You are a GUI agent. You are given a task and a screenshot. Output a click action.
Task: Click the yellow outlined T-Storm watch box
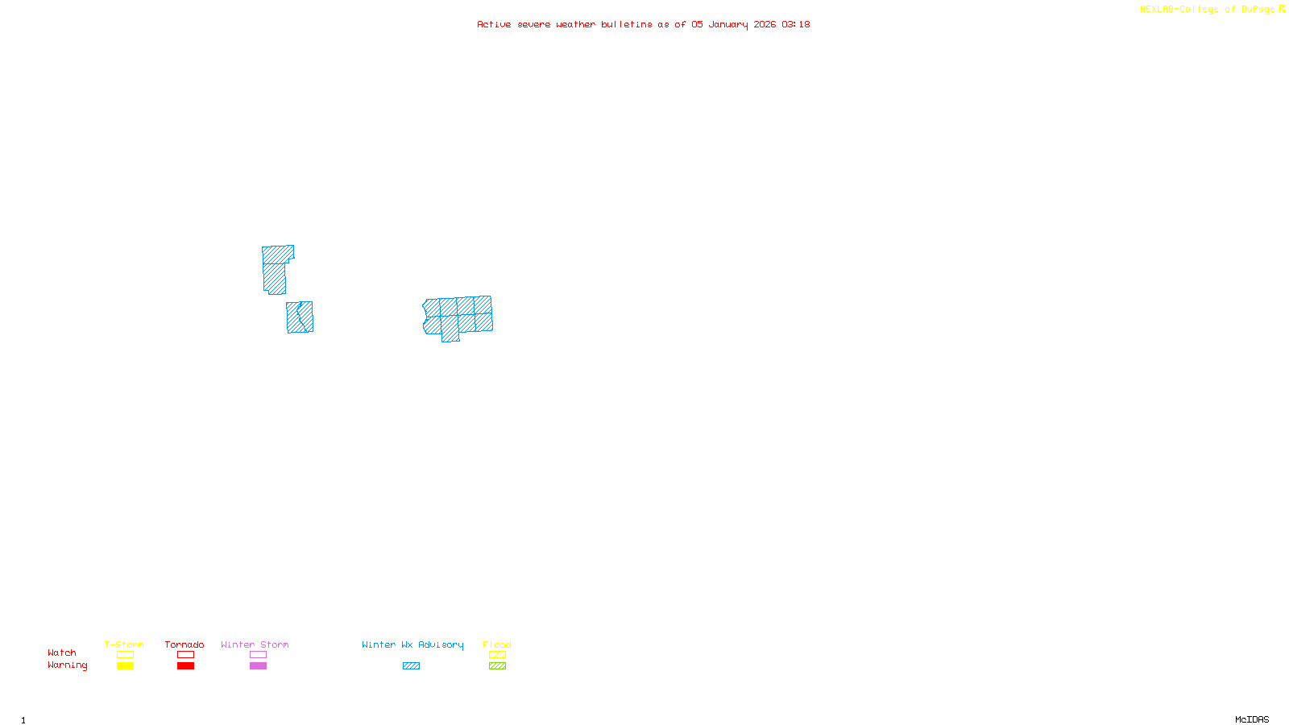(125, 655)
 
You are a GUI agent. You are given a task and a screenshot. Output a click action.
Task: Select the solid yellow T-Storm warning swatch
(125, 666)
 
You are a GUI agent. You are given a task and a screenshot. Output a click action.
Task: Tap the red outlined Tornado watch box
(185, 655)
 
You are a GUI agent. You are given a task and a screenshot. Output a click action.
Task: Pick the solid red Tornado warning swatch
(185, 666)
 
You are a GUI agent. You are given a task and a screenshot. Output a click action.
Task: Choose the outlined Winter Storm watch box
(258, 655)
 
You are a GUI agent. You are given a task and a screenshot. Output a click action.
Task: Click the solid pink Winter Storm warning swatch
(258, 666)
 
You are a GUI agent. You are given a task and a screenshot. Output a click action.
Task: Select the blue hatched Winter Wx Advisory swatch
(411, 666)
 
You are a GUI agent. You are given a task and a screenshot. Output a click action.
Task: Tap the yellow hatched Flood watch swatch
(497, 655)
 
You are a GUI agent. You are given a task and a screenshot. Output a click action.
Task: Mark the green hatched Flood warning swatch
(497, 666)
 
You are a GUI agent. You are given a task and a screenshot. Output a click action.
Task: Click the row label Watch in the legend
(62, 653)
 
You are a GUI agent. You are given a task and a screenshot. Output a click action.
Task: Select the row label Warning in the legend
(67, 665)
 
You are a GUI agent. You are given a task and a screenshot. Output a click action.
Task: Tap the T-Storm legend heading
(124, 644)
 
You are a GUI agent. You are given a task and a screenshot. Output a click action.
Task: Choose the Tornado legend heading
(184, 644)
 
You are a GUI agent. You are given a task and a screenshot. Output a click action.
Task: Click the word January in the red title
(728, 24)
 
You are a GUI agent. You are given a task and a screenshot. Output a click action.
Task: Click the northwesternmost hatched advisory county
(276, 255)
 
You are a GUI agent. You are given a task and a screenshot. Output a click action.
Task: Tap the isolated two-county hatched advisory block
(300, 317)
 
